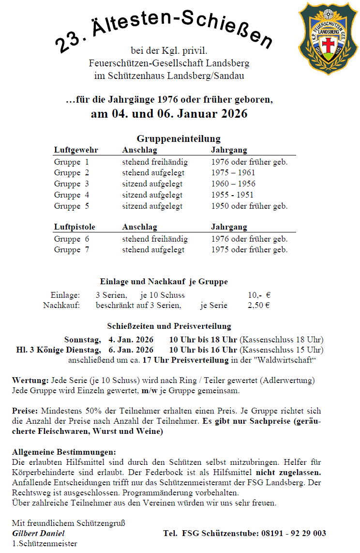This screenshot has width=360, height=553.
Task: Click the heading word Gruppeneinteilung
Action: pos(178,139)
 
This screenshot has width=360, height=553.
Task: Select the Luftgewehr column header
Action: pos(76,150)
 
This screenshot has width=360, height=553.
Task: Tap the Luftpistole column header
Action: pos(75,227)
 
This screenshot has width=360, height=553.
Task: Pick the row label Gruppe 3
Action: pos(71,184)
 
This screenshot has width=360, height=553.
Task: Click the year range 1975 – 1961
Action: pos(233,173)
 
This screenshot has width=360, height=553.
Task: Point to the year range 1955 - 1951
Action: pos(232,195)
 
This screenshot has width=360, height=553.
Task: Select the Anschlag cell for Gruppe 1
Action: pos(155,162)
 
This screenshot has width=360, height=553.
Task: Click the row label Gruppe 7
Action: pos(71,250)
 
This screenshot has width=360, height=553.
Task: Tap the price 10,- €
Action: pos(259,295)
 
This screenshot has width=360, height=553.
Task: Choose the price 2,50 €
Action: pos(258,306)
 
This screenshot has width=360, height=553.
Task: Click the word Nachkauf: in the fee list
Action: pos(61,306)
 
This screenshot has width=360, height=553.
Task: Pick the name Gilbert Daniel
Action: pos(38,533)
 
